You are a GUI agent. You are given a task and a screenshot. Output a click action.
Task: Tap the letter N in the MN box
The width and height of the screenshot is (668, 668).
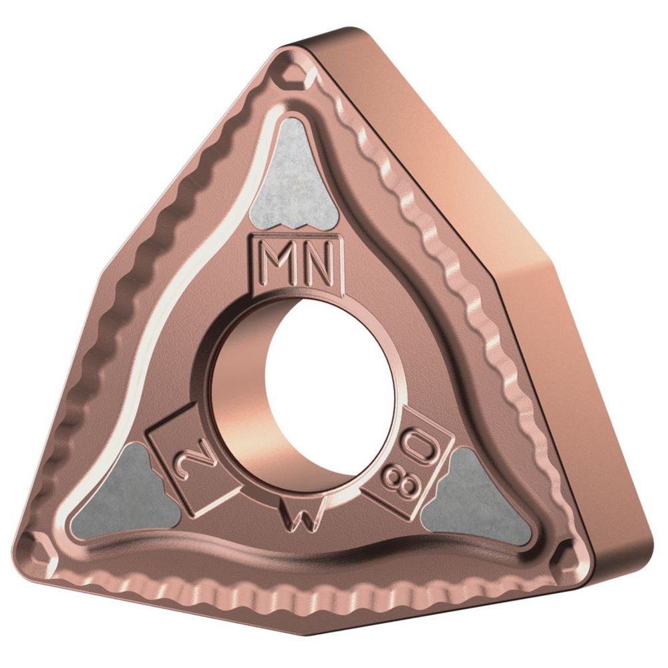[x=315, y=265]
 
